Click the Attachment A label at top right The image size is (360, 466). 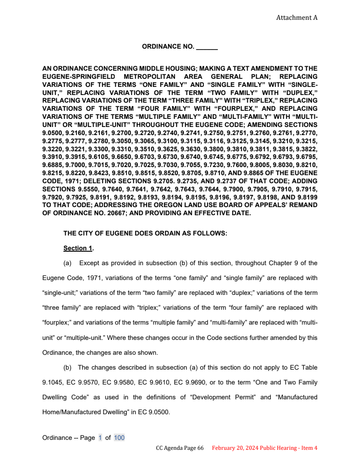[x=297, y=18]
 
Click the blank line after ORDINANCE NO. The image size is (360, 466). [x=207, y=46]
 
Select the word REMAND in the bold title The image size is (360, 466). [x=304, y=205]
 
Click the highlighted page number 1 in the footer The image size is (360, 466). [x=100, y=438]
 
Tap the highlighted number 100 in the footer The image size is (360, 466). [x=119, y=438]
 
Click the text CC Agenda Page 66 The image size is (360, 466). [x=180, y=448]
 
